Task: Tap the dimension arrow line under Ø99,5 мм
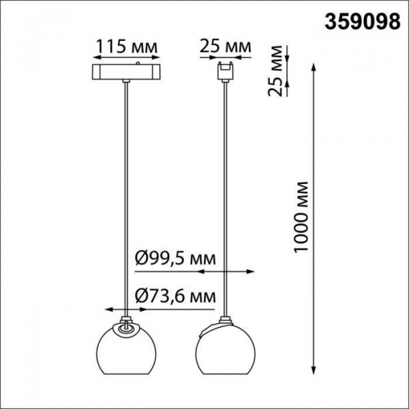point(224,273)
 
